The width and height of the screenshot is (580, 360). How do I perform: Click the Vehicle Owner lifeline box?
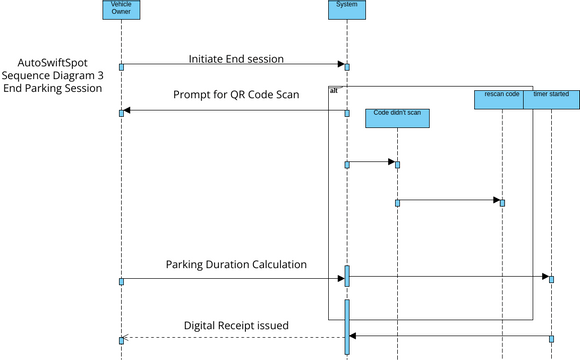click(120, 10)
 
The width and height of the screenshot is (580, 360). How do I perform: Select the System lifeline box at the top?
click(347, 10)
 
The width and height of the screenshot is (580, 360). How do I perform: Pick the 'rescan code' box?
click(502, 98)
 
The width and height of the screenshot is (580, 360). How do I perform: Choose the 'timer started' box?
click(551, 98)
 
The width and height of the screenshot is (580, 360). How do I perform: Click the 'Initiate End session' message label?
click(236, 58)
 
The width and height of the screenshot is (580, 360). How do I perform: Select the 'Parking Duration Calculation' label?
click(236, 265)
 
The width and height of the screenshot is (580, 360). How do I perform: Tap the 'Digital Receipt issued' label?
click(236, 326)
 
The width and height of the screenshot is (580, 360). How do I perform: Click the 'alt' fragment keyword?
click(333, 91)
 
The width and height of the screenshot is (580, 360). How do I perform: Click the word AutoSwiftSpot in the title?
click(52, 62)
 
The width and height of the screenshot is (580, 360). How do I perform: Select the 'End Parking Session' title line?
click(52, 88)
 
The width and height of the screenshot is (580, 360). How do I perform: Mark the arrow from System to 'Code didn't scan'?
click(371, 162)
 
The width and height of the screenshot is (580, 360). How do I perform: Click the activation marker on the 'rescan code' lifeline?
click(502, 202)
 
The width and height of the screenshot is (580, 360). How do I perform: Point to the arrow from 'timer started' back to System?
click(450, 337)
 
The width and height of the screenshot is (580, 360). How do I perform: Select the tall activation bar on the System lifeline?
click(348, 325)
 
